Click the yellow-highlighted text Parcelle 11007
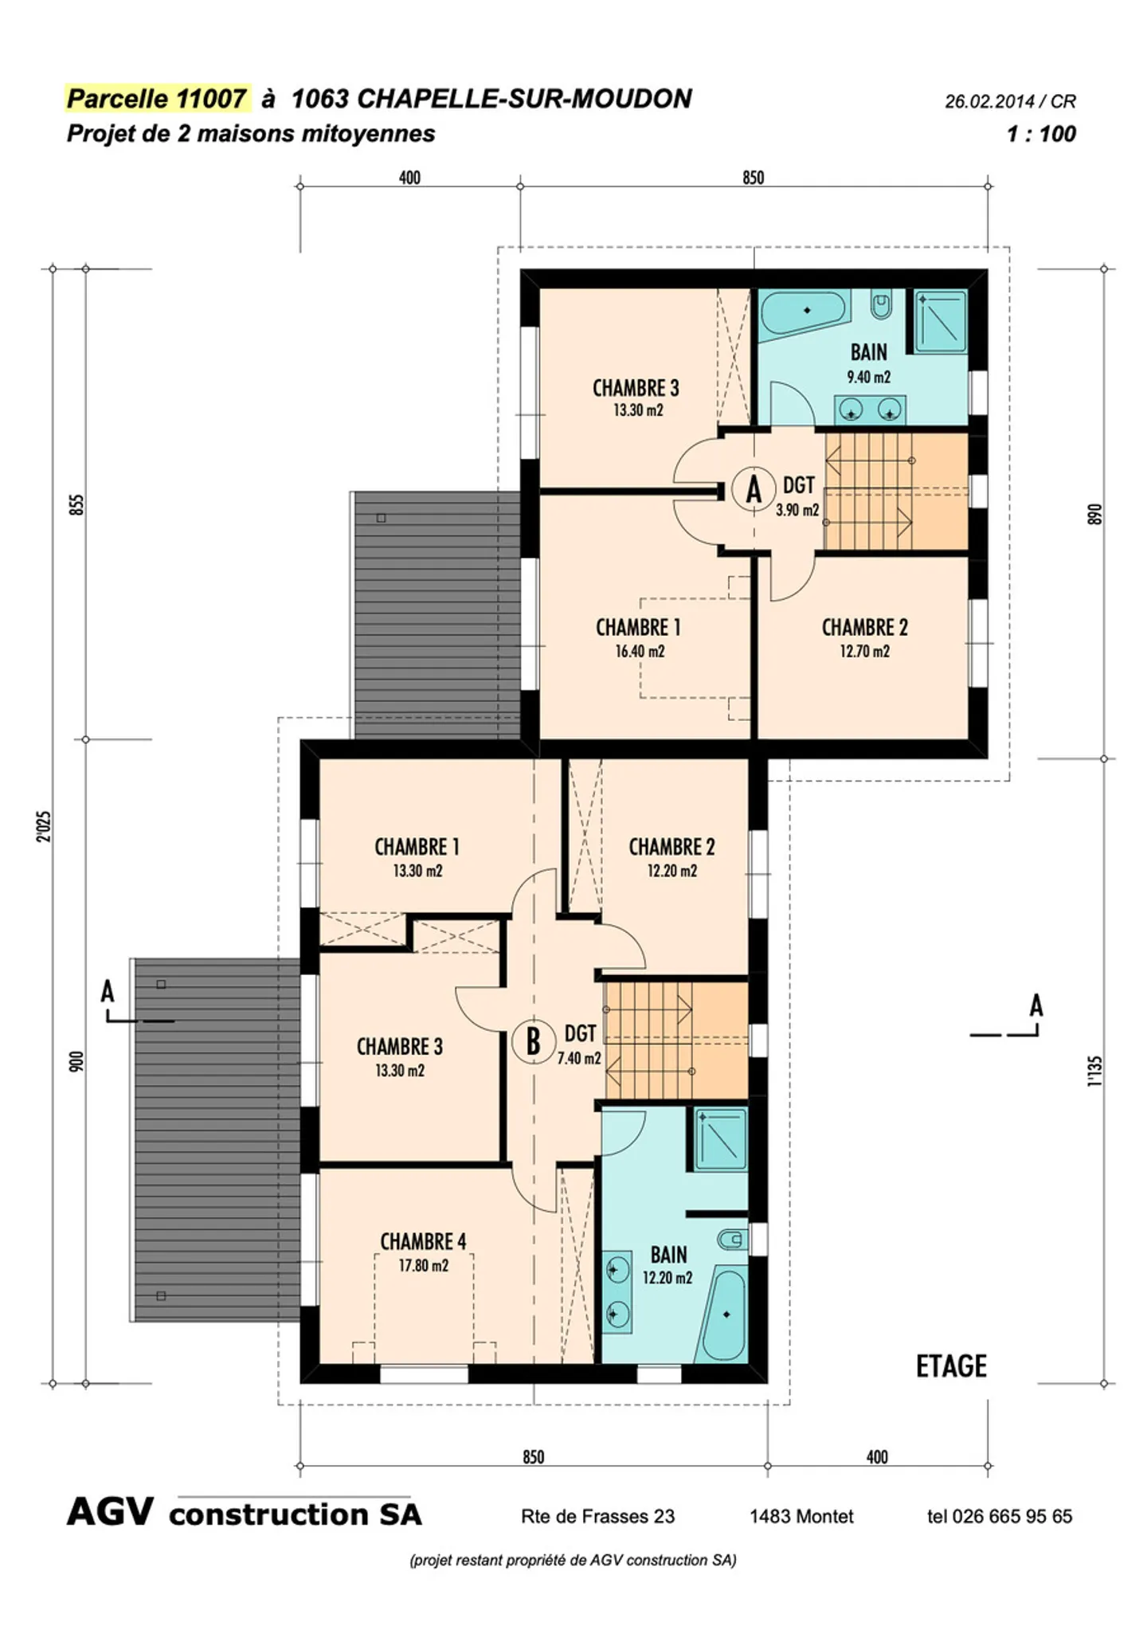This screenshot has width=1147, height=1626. (156, 99)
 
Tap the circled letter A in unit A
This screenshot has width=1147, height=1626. (754, 488)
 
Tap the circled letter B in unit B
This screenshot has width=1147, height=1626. (533, 1040)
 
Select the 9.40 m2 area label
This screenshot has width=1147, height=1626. (868, 377)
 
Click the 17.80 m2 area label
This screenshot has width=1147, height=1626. (423, 1265)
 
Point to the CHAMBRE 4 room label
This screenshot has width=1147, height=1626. (423, 1241)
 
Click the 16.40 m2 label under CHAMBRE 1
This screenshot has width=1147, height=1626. (639, 651)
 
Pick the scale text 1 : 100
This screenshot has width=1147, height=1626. (1041, 134)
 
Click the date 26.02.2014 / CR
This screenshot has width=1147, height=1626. (1010, 102)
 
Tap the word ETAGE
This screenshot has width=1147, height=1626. (951, 1366)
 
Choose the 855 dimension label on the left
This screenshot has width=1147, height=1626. (76, 504)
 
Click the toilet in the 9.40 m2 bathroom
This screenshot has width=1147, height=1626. (880, 306)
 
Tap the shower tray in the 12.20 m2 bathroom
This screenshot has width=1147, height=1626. (720, 1138)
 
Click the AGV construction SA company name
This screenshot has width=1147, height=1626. (244, 1513)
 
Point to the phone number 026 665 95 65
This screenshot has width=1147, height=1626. (1012, 1516)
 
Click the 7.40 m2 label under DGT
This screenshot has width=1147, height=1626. (579, 1058)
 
